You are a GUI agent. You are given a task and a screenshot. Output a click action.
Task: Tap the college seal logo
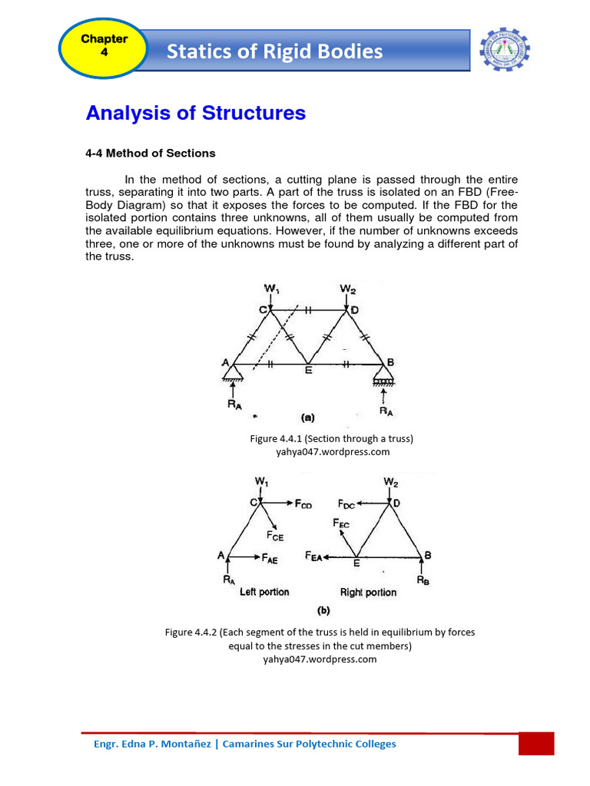(x=504, y=51)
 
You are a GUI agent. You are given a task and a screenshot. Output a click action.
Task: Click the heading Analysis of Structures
(x=195, y=113)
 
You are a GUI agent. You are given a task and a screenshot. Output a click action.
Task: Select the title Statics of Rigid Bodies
(x=274, y=51)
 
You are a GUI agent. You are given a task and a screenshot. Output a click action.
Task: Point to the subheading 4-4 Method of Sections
(x=150, y=154)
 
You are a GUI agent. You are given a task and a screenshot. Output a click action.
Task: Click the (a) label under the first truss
(x=307, y=418)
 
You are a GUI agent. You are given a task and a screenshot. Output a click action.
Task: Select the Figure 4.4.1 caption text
(x=332, y=438)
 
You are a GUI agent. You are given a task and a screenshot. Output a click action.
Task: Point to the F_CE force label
(x=275, y=537)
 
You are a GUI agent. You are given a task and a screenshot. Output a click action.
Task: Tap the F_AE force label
(x=267, y=560)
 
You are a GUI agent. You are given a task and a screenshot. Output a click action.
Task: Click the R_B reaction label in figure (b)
(x=423, y=581)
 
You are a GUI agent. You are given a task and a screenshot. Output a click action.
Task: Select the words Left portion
(x=264, y=593)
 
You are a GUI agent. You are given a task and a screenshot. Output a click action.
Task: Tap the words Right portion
(x=369, y=593)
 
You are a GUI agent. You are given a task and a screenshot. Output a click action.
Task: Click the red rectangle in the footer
(x=536, y=744)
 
